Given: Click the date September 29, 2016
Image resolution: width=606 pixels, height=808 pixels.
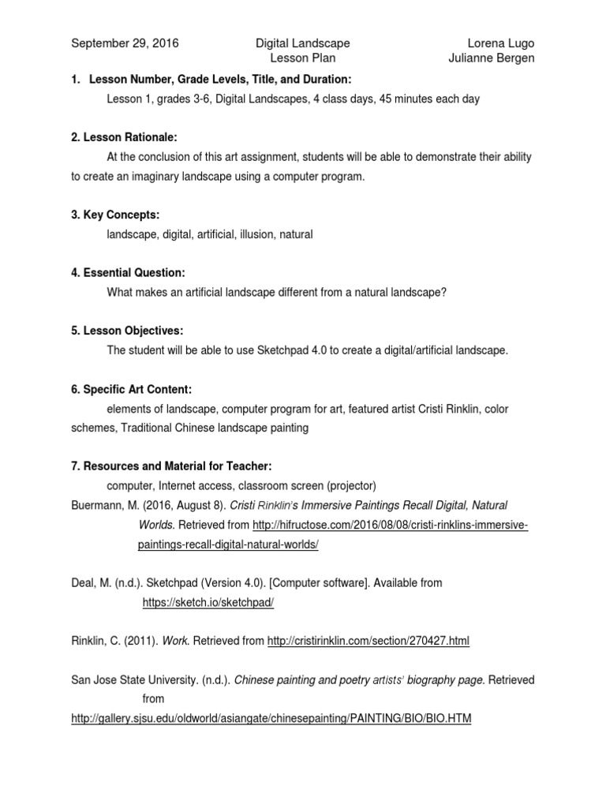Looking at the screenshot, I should pyautogui.click(x=125, y=43).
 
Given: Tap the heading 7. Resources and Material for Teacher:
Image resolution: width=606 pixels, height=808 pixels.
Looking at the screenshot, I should pyautogui.click(x=171, y=466).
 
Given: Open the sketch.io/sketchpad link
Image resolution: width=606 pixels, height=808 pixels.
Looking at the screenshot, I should pyautogui.click(x=208, y=602).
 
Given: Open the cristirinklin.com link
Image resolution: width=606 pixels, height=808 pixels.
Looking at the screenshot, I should pyautogui.click(x=368, y=642).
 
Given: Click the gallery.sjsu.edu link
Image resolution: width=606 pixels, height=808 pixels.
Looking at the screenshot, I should pyautogui.click(x=271, y=720).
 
